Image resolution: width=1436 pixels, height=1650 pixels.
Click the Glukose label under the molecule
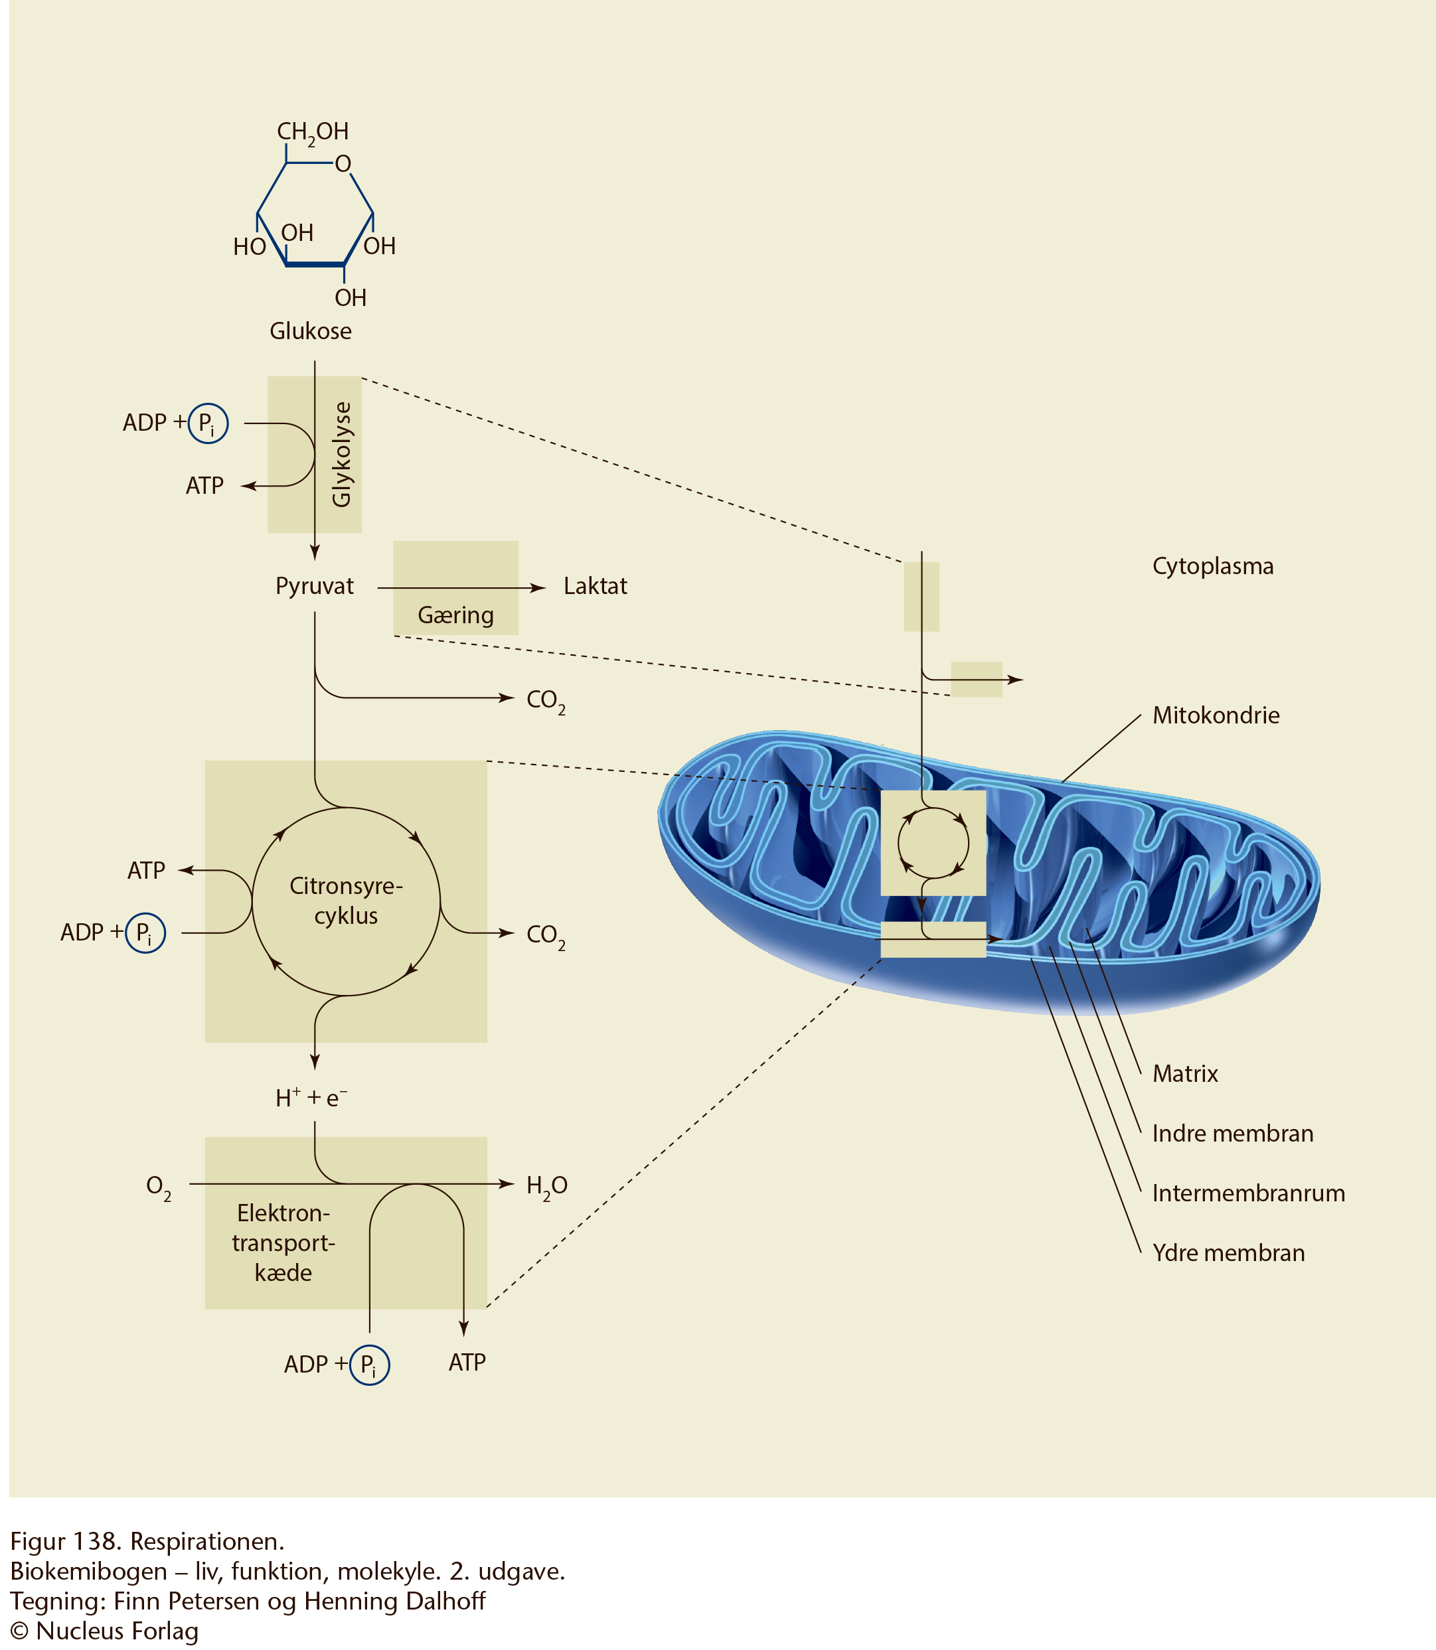click(x=310, y=331)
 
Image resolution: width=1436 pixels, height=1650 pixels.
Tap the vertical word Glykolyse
click(x=342, y=454)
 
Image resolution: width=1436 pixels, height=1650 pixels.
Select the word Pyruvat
click(x=314, y=585)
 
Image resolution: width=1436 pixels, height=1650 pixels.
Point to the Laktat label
click(x=595, y=585)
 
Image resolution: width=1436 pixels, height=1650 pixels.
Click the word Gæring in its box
click(x=455, y=615)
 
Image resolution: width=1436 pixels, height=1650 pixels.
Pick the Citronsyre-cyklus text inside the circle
click(x=345, y=900)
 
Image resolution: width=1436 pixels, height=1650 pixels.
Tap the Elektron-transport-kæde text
click(x=283, y=1242)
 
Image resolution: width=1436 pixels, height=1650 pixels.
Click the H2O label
click(x=546, y=1185)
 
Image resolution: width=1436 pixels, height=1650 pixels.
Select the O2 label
click(x=158, y=1186)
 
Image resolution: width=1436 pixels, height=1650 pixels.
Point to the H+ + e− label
click(x=311, y=1097)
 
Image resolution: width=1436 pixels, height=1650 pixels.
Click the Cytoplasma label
click(x=1212, y=566)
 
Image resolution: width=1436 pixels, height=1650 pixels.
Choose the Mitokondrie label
click(x=1216, y=715)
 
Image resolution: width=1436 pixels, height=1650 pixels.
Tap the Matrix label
click(x=1184, y=1073)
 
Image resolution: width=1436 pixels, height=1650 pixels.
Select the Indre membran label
click(x=1232, y=1134)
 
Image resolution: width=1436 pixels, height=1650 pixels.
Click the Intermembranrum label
click(x=1247, y=1193)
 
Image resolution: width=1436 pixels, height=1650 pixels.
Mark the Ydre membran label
click(x=1228, y=1252)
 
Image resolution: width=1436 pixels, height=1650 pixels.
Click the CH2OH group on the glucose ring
click(x=313, y=131)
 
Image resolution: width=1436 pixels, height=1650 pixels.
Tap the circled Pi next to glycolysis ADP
click(x=208, y=423)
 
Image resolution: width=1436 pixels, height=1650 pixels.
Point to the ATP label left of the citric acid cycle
click(x=146, y=871)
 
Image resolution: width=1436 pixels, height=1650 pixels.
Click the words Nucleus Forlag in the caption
click(x=117, y=1631)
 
